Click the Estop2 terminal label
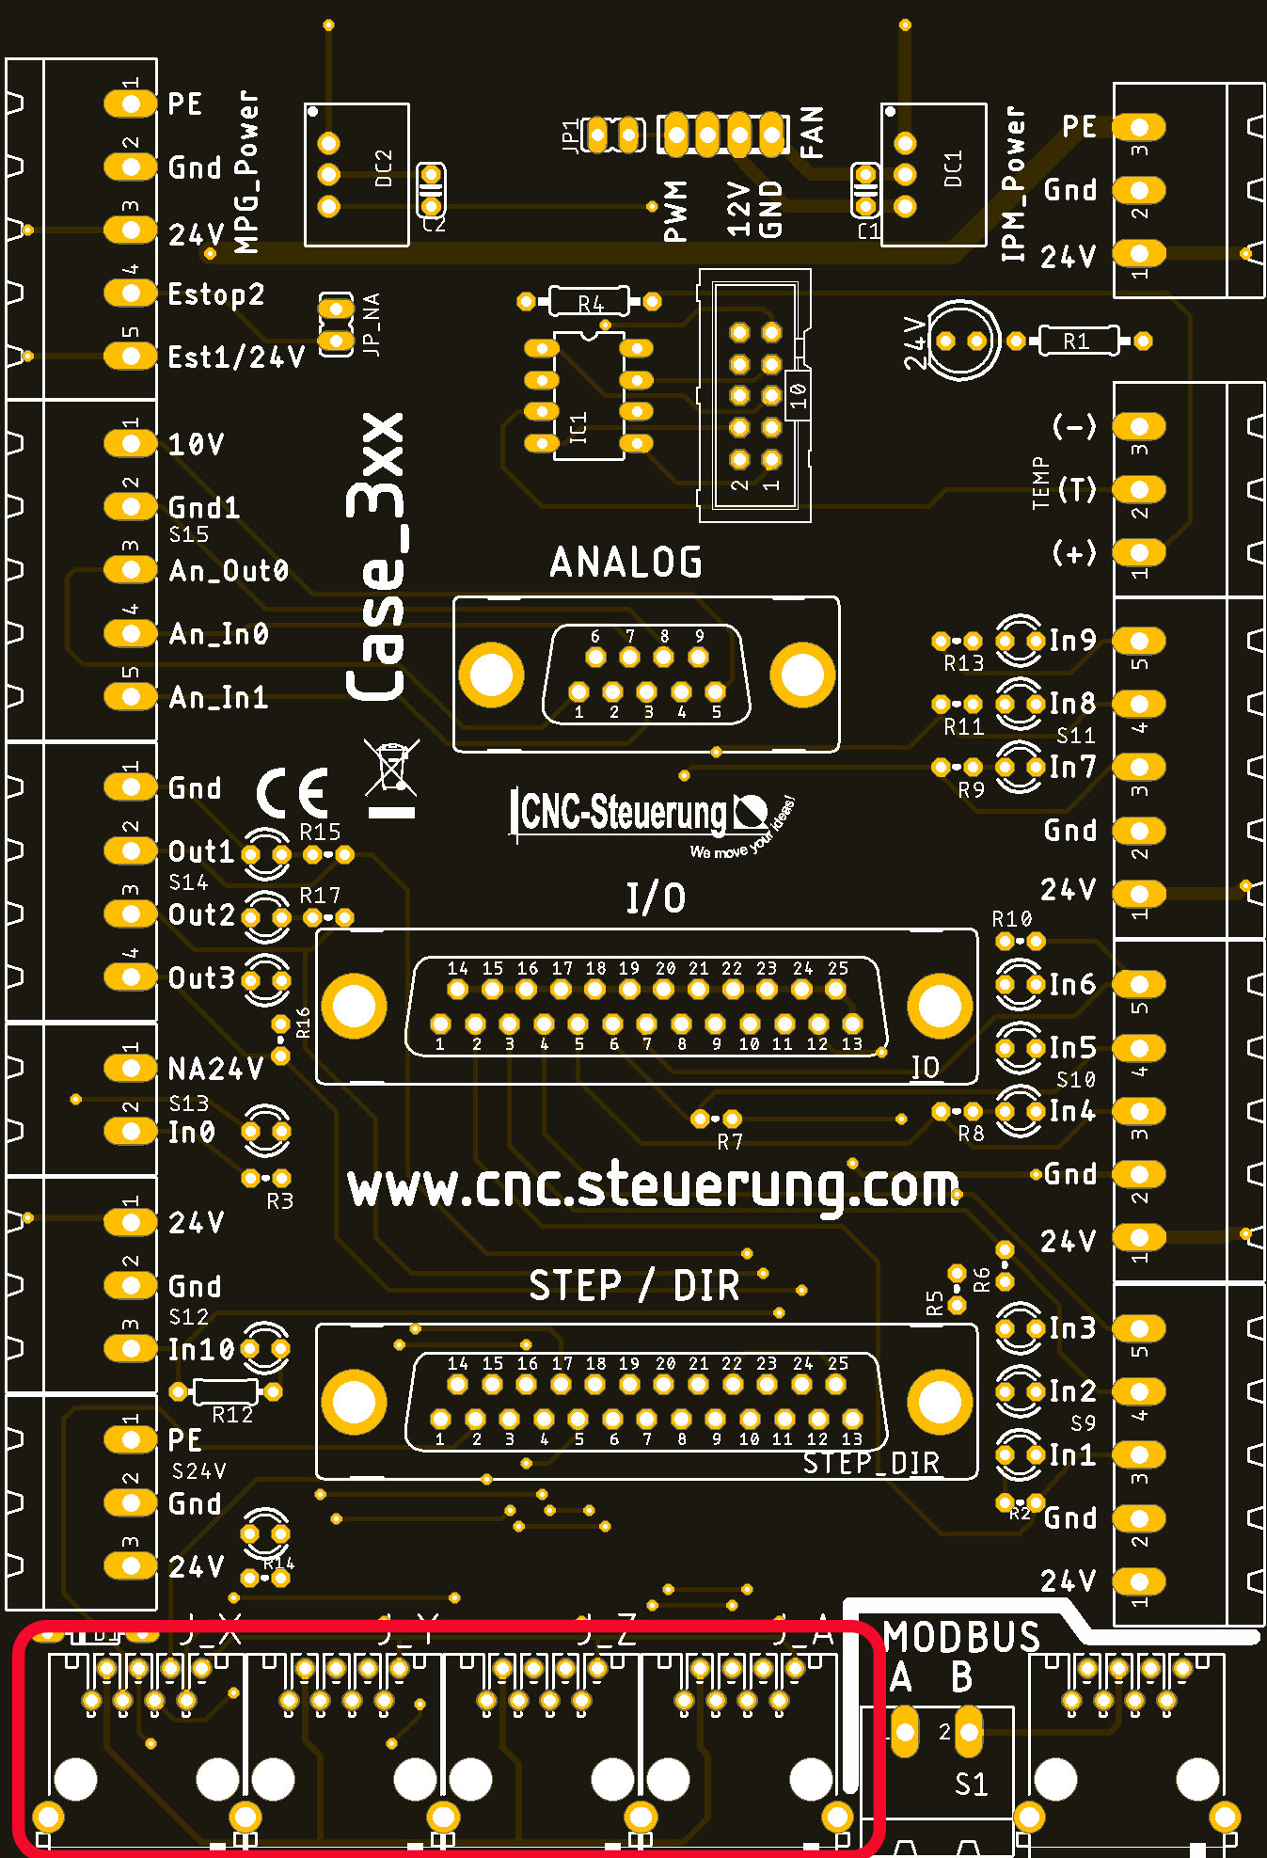pyautogui.click(x=215, y=294)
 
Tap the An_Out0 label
pyautogui.click(x=229, y=571)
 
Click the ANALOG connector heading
pyautogui.click(x=626, y=563)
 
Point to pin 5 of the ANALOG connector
pyautogui.click(x=715, y=692)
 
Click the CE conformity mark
pyautogui.click(x=293, y=792)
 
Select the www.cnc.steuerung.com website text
pyautogui.click(x=653, y=1187)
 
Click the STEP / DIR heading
pyautogui.click(x=634, y=1286)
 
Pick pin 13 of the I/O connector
pyautogui.click(x=851, y=1024)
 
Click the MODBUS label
pyautogui.click(x=961, y=1637)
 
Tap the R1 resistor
pyautogui.click(x=1078, y=341)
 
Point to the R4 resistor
pyautogui.click(x=589, y=302)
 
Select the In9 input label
pyautogui.click(x=1072, y=642)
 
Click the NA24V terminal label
pyautogui.click(x=215, y=1069)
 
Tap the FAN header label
pyautogui.click(x=812, y=132)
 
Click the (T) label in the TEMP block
pyautogui.click(x=1076, y=490)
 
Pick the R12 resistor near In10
pyautogui.click(x=226, y=1391)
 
